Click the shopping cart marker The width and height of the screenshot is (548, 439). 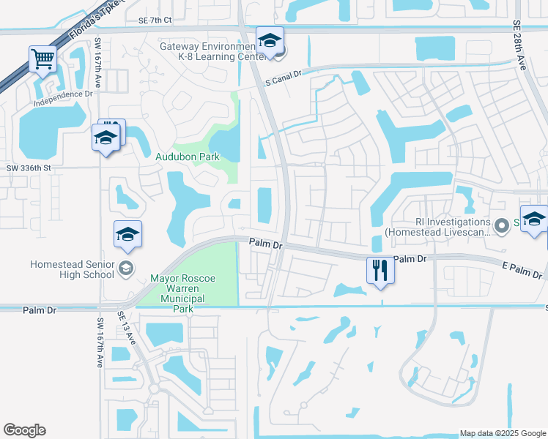click(43, 59)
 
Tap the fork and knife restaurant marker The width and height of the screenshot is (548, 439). click(380, 270)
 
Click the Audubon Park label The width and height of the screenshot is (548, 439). click(187, 156)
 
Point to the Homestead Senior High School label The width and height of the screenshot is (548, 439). click(72, 269)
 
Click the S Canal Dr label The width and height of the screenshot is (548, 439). click(284, 83)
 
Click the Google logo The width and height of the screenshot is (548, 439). click(24, 430)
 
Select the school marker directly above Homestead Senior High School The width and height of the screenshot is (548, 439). click(127, 234)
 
